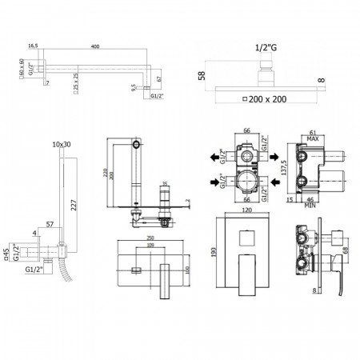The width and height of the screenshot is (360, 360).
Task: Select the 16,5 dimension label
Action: (x=33, y=47)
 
